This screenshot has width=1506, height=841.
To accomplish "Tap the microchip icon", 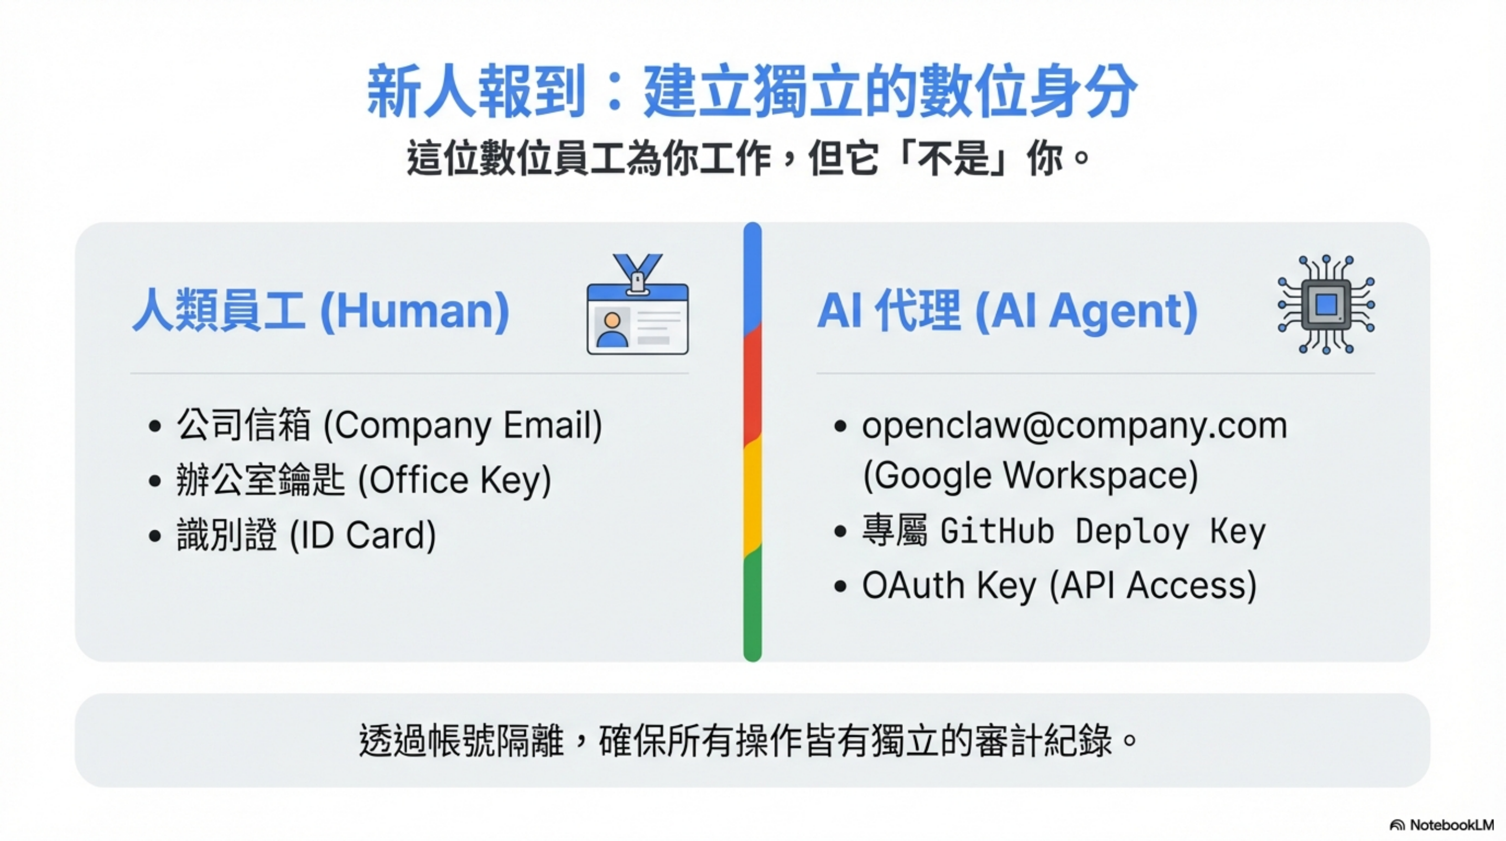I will coord(1326,304).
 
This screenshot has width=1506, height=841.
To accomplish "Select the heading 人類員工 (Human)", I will coord(320,311).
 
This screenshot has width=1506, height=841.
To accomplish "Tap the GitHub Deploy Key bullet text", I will coord(1063,531).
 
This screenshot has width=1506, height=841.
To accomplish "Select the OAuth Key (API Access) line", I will coord(1059,586).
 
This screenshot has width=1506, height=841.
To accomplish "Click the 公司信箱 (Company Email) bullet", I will coord(389,425).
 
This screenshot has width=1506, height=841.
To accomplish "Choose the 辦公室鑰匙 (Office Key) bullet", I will coord(363,479).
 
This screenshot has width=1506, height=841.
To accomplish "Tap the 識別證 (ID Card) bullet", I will coord(306,535).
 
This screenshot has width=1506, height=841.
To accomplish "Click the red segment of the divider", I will coord(752,386).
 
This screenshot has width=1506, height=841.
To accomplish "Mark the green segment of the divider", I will coord(752,602).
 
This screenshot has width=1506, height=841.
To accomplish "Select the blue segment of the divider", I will coord(752,275).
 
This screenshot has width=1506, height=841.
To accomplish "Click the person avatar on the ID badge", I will coord(612,329).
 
